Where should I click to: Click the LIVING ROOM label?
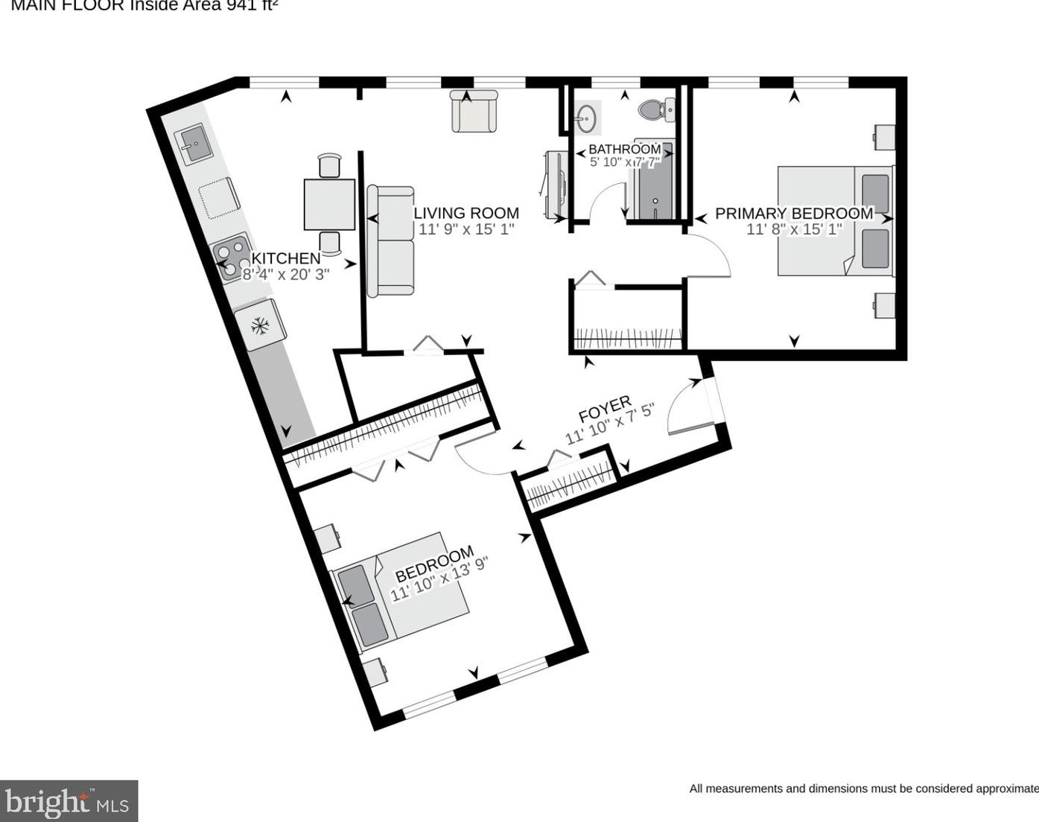(x=466, y=213)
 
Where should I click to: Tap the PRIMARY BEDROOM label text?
(x=794, y=214)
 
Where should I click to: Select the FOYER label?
(x=605, y=409)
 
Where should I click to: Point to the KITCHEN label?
(x=286, y=258)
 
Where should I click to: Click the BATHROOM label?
(x=624, y=149)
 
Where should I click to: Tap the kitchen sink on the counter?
(x=193, y=144)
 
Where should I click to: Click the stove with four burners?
(x=232, y=258)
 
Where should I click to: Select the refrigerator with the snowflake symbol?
(x=260, y=325)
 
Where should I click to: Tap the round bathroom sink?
(x=586, y=118)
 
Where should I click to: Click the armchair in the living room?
(x=474, y=112)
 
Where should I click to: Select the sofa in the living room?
(x=391, y=240)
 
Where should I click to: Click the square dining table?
(x=329, y=205)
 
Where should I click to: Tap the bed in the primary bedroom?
(x=834, y=220)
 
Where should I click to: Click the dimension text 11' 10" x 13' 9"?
(x=439, y=582)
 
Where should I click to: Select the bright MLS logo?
(x=69, y=801)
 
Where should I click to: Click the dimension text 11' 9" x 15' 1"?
(x=466, y=229)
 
